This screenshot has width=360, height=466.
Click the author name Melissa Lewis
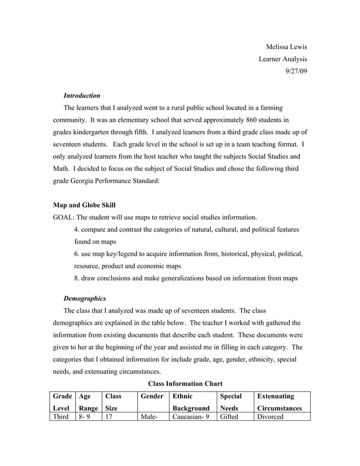pyautogui.click(x=286, y=46)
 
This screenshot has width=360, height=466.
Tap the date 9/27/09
pyautogui.click(x=296, y=71)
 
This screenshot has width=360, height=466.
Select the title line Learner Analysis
pyautogui.click(x=283, y=59)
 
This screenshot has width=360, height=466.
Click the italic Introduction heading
pyautogui.click(x=82, y=95)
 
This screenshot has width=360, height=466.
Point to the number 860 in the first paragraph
pyautogui.click(x=240, y=120)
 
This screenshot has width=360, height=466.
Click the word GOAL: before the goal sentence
pyautogui.click(x=63, y=217)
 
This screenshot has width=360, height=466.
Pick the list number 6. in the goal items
pyautogui.click(x=77, y=254)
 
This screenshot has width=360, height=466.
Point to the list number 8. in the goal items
pyautogui.click(x=77, y=278)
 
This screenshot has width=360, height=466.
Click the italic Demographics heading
pyautogui.click(x=84, y=298)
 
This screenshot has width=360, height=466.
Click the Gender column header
pyautogui.click(x=152, y=397)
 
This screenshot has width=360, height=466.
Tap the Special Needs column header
pyautogui.click(x=234, y=402)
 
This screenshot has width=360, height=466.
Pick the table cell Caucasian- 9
pyautogui.click(x=190, y=416)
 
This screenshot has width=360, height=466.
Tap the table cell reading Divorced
pyautogui.click(x=270, y=416)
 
